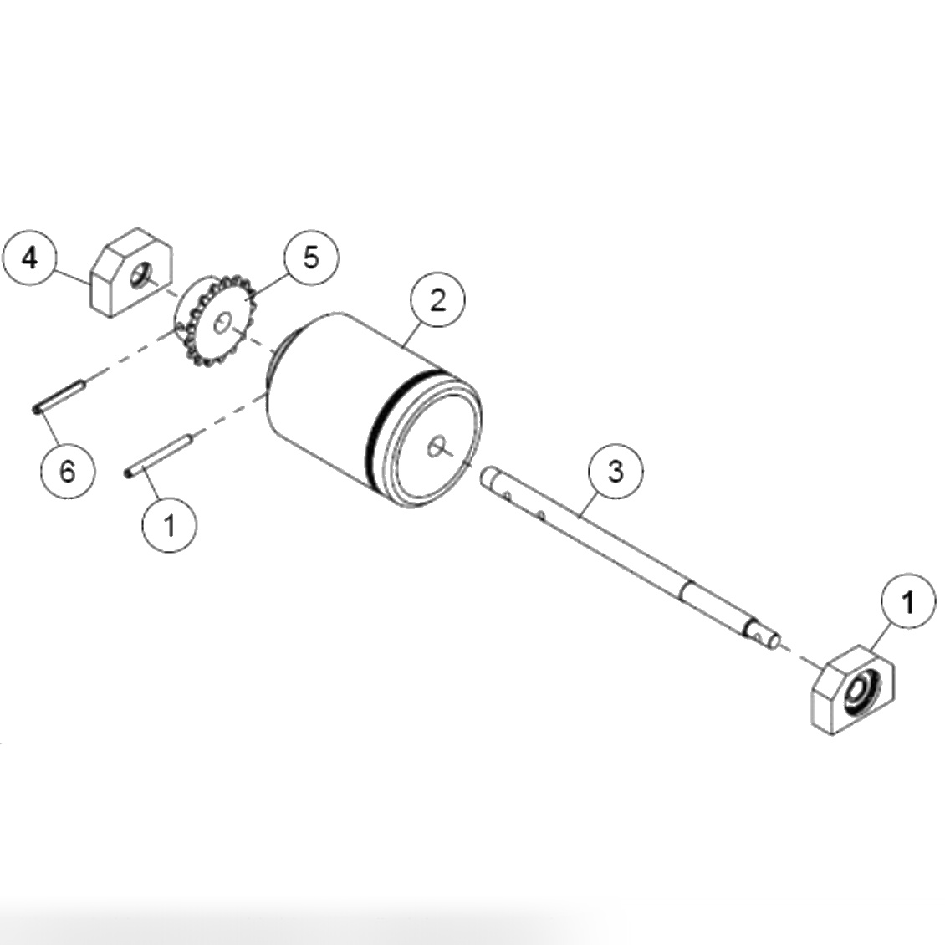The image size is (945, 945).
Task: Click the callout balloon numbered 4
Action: click(x=30, y=258)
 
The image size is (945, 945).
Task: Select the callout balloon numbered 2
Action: click(x=437, y=300)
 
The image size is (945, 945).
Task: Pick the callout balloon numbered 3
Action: click(x=615, y=472)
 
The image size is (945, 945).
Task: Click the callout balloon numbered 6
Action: click(x=68, y=471)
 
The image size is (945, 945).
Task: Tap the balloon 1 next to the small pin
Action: click(x=170, y=526)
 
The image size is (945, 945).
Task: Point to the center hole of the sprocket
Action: click(x=222, y=323)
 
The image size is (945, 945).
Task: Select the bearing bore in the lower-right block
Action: click(x=860, y=690)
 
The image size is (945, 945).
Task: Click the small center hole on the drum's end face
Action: click(x=436, y=447)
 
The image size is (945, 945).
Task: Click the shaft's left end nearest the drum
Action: click(x=488, y=478)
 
